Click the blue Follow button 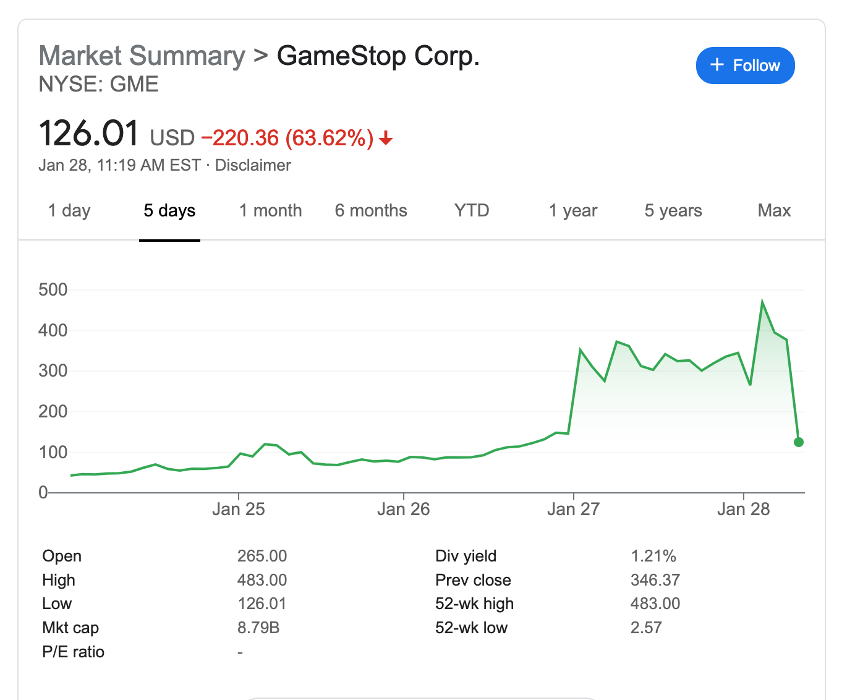click(x=745, y=66)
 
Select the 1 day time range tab click(x=69, y=211)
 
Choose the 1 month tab click(x=270, y=211)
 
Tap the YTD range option click(x=472, y=211)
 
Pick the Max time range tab click(x=774, y=211)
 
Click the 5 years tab click(x=673, y=211)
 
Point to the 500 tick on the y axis click(x=53, y=289)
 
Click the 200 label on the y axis click(x=53, y=411)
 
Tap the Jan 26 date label click(x=403, y=510)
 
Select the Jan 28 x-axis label click(x=743, y=510)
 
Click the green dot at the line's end click(x=798, y=442)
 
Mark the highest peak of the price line click(x=762, y=302)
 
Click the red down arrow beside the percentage click(x=386, y=138)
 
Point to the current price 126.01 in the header click(x=89, y=134)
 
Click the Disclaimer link click(x=253, y=166)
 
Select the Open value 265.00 click(x=262, y=556)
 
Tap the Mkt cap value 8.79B click(x=258, y=628)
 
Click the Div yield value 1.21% click(x=653, y=556)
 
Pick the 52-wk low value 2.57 click(x=646, y=628)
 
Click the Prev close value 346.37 click(x=655, y=580)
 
